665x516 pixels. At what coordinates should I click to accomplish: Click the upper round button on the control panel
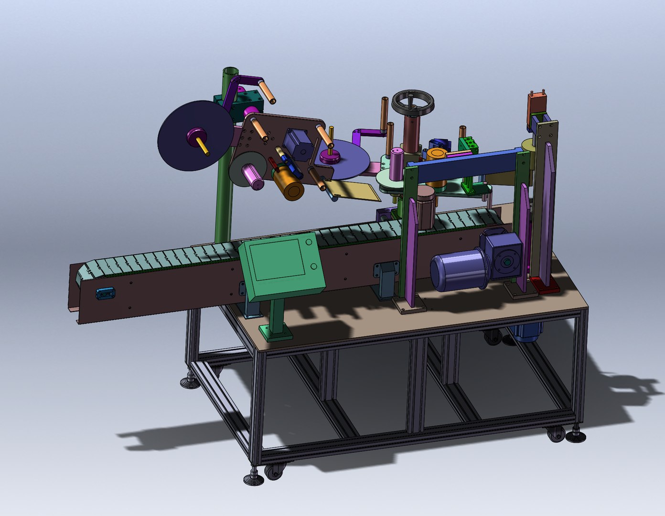[309, 242]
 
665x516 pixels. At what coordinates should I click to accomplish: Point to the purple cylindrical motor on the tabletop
[456, 271]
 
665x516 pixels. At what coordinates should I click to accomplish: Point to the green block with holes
[468, 144]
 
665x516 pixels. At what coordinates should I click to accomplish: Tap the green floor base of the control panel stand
[276, 332]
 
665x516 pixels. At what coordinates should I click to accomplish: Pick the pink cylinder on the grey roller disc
[253, 176]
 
